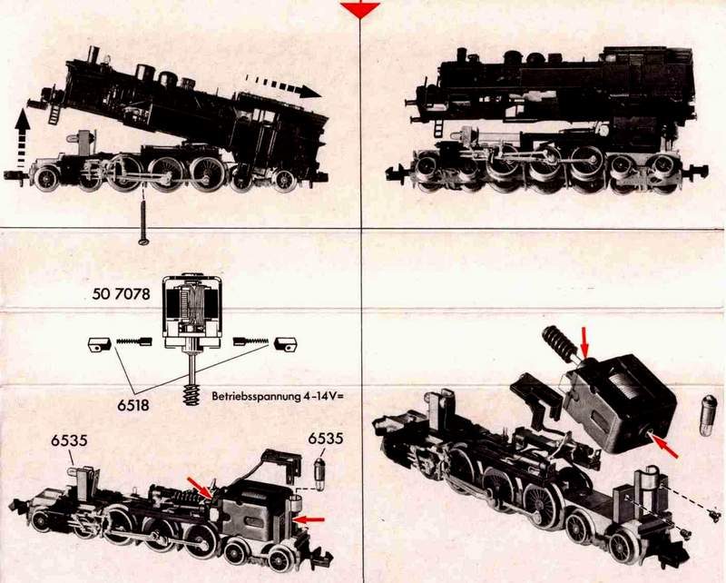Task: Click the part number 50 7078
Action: [x=122, y=294]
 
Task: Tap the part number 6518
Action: [x=133, y=405]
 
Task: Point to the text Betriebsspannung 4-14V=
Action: [x=278, y=396]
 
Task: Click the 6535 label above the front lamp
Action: [x=69, y=440]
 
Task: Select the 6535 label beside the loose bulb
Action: [x=326, y=438]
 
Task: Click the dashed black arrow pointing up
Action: [x=22, y=138]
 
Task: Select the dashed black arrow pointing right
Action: [x=283, y=85]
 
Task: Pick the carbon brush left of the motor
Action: [x=99, y=344]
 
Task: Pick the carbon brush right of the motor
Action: [x=285, y=344]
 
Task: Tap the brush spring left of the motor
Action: [x=133, y=342]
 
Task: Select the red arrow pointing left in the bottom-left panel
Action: [x=309, y=520]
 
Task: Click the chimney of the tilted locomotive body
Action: [x=94, y=55]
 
